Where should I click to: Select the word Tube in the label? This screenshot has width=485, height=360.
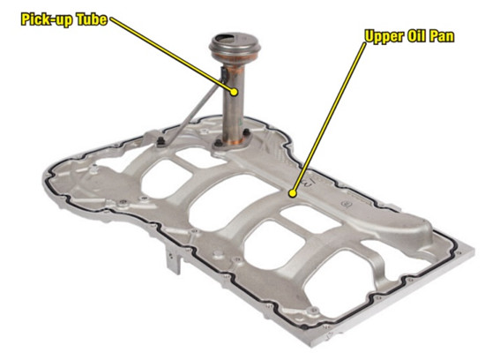92,19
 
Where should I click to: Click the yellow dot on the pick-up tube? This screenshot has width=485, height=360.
235,92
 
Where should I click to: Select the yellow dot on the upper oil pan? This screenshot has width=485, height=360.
292,194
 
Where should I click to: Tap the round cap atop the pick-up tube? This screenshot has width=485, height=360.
235,46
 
